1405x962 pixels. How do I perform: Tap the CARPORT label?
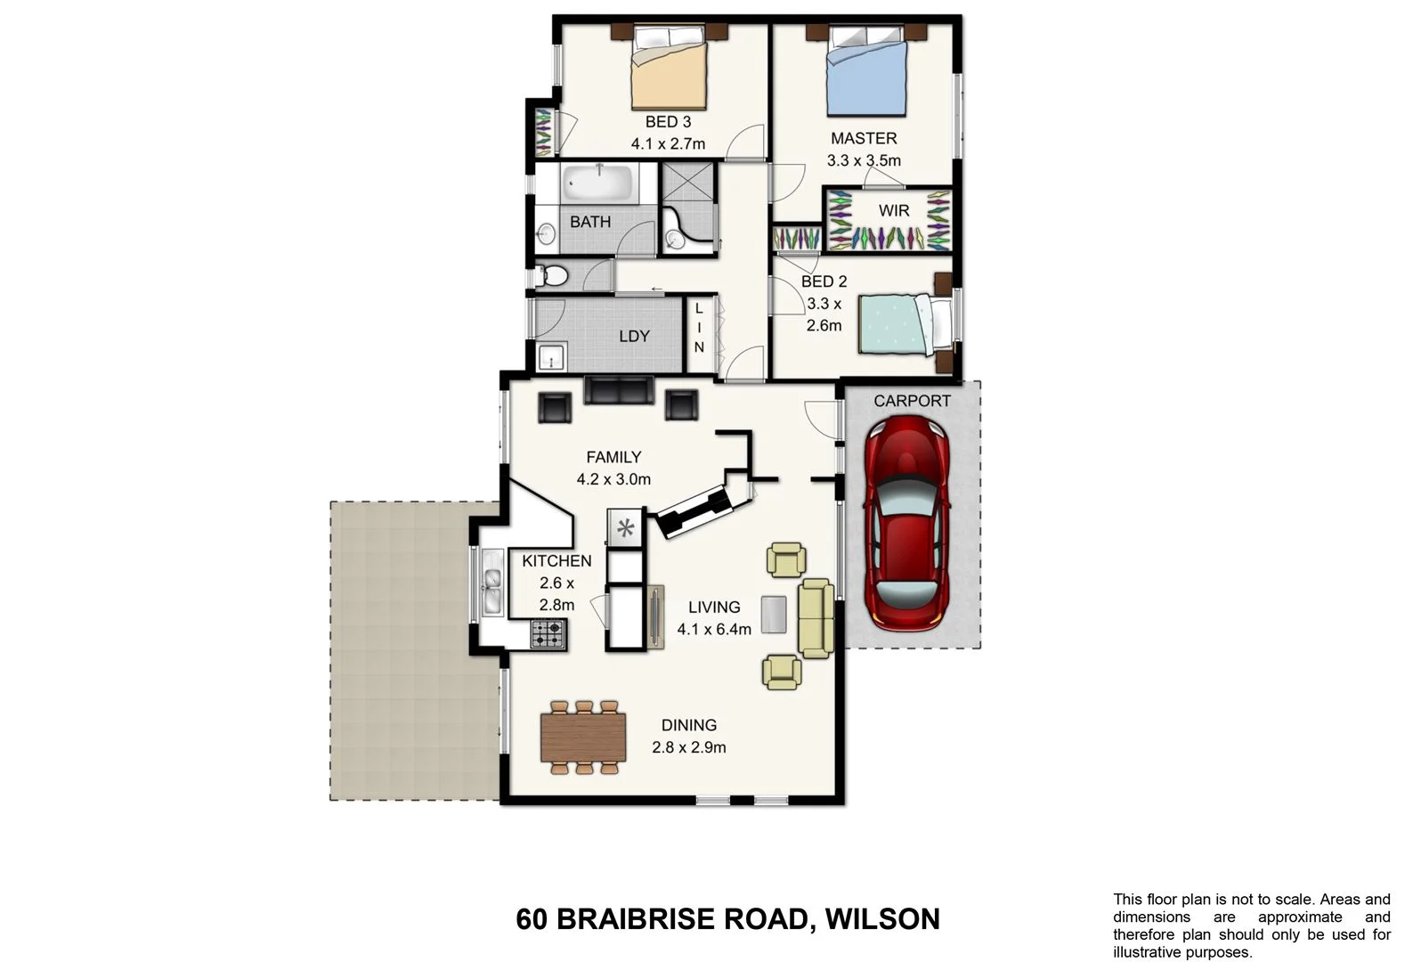tap(912, 401)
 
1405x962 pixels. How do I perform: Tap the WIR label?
tap(893, 211)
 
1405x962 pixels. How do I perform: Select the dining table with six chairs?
tap(583, 737)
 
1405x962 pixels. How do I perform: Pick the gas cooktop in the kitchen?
tap(548, 634)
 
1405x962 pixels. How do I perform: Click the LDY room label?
tap(634, 337)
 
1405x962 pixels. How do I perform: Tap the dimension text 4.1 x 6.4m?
tap(714, 630)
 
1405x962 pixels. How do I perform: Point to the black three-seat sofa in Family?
tap(618, 390)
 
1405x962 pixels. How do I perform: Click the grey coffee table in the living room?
tap(774, 615)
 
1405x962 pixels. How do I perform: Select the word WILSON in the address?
tap(882, 918)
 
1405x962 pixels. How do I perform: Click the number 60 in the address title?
tap(532, 918)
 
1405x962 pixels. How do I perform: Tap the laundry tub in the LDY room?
tap(552, 356)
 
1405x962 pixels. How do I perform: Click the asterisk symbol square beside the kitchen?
tap(625, 528)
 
